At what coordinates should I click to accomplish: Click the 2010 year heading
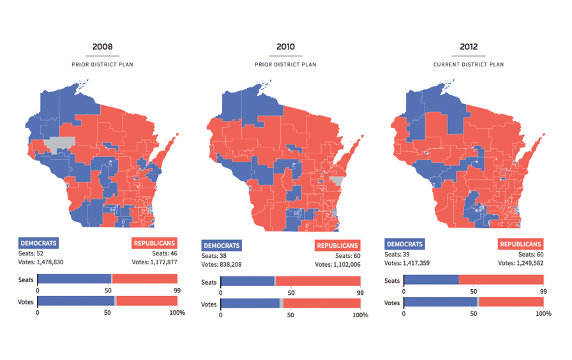285,47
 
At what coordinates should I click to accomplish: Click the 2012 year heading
469,47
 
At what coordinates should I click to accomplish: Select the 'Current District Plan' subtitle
469,64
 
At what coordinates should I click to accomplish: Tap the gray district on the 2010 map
337,181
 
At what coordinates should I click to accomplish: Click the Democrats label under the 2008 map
38,243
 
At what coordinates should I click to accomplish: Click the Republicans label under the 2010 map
338,246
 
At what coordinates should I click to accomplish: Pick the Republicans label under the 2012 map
521,244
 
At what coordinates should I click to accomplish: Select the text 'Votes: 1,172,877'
154,262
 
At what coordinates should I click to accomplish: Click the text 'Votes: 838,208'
222,264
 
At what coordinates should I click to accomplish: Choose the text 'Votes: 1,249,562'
520,263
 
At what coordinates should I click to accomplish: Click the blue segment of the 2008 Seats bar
73,279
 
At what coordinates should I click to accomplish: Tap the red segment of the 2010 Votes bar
322,304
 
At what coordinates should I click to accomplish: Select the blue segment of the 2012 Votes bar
440,302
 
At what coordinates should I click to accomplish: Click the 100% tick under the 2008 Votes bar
177,313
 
